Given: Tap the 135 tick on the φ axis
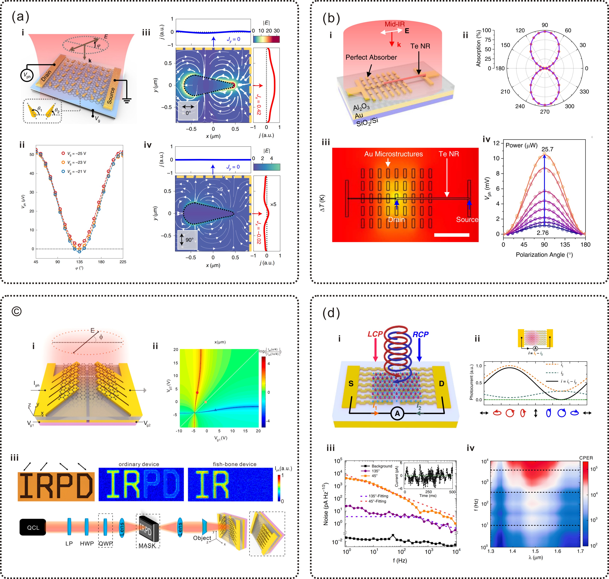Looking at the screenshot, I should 79,262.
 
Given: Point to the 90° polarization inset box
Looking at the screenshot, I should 187,240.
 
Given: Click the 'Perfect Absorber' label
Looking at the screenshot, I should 371,57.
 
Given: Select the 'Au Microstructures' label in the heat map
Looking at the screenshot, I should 393,154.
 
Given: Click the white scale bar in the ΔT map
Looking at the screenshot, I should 452,235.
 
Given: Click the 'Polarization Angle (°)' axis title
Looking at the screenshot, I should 544,255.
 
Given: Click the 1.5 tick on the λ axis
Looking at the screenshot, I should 535,551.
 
